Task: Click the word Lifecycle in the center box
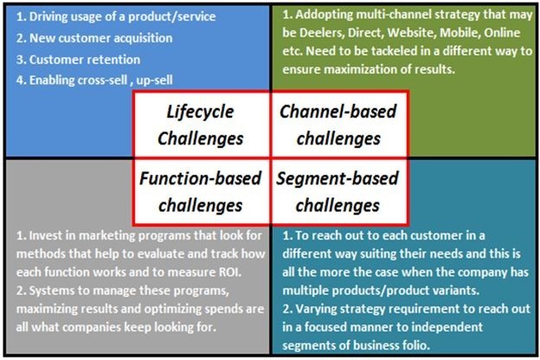click(x=201, y=112)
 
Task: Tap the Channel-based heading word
click(x=338, y=112)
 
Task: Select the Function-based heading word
click(x=201, y=178)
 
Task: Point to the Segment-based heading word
click(x=337, y=179)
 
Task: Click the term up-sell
click(x=155, y=80)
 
